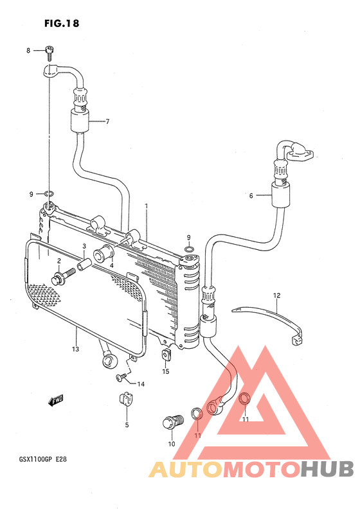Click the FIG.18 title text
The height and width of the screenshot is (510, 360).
(62, 23)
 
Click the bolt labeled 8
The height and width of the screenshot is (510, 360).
(50, 53)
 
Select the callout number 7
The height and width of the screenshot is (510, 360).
(107, 121)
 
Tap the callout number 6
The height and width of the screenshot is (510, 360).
(251, 196)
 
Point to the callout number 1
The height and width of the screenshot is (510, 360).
(147, 206)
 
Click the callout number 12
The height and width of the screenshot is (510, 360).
(276, 295)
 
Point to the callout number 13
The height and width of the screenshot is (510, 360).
(75, 349)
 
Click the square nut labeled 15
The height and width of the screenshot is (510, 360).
(166, 355)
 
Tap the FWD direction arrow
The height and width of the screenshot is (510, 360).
(56, 401)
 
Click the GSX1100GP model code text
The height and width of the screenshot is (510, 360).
(33, 460)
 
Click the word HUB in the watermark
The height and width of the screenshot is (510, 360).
(327, 470)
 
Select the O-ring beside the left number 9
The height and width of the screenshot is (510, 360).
(49, 194)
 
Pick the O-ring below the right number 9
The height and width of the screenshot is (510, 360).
(189, 249)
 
